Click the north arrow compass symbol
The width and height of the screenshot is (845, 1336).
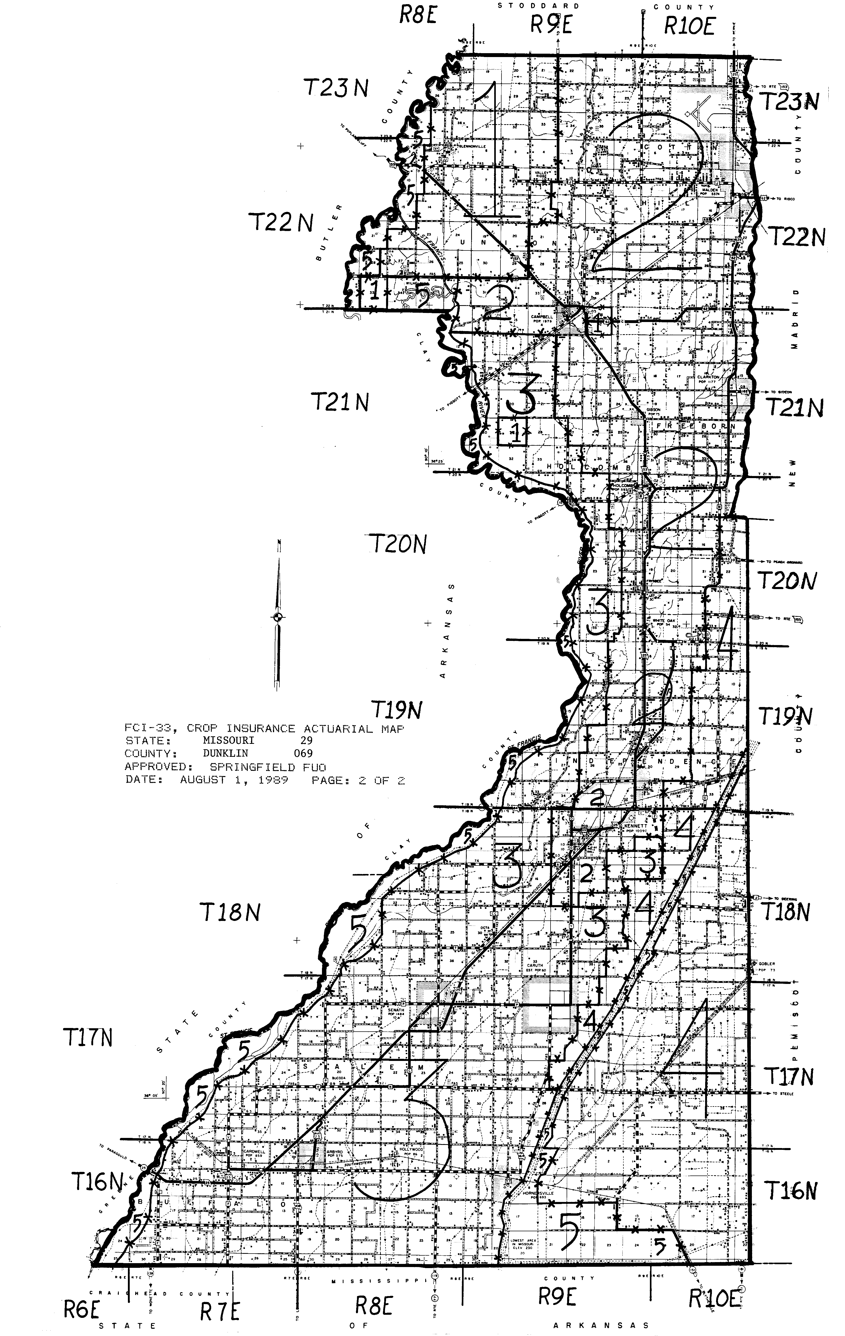click(278, 617)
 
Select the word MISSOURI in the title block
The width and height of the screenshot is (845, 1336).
click(229, 741)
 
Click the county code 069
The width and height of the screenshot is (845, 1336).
click(303, 753)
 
